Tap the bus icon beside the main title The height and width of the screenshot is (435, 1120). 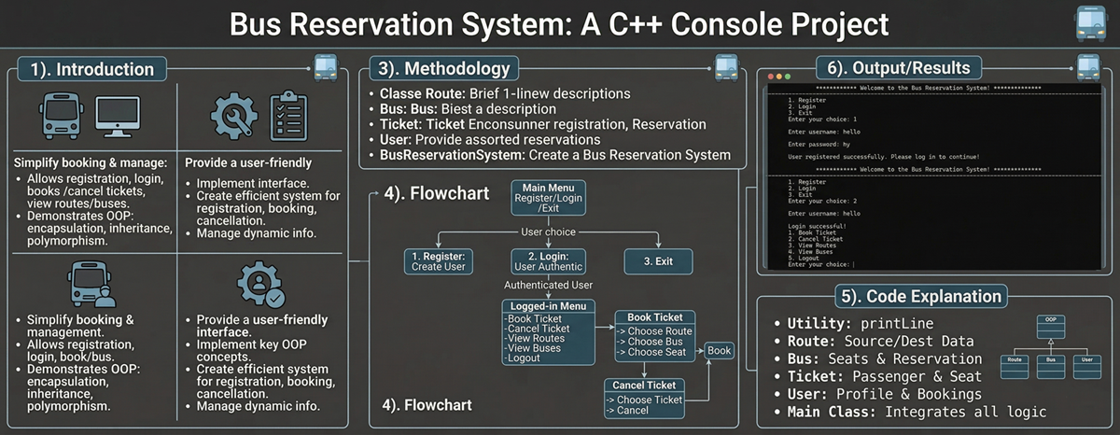pos(1091,22)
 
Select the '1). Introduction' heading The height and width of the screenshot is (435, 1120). pos(91,69)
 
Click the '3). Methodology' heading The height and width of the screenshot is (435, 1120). pos(444,68)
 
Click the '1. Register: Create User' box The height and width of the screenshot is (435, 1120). pos(439,261)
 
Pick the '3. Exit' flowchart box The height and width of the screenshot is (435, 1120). pos(658,261)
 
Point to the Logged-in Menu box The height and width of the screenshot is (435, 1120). pos(547,332)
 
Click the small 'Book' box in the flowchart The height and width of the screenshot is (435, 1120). pos(720,351)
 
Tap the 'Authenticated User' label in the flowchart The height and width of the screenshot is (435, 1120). pos(547,285)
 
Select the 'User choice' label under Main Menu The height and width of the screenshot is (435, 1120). pos(549,231)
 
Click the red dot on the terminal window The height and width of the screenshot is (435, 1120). pos(771,76)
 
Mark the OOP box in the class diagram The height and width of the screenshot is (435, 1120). pos(1050,319)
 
